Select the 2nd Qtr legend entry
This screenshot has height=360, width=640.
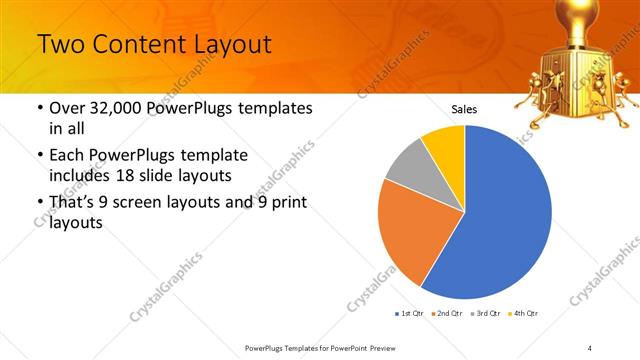pyautogui.click(x=446, y=314)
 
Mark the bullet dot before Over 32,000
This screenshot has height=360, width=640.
pyautogui.click(x=39, y=108)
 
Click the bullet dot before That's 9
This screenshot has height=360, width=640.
pyautogui.click(x=39, y=203)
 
